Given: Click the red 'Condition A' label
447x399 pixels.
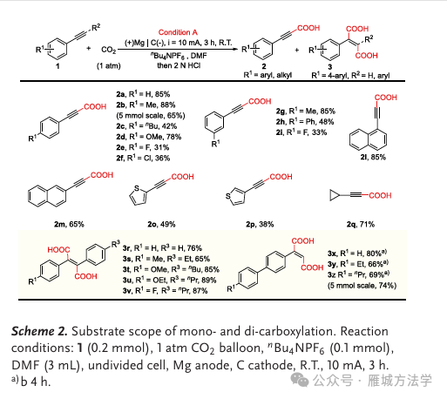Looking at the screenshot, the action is [178, 32].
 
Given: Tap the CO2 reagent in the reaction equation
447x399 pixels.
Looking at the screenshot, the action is [109, 50].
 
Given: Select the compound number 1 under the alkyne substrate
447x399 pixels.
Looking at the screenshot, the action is [58, 66].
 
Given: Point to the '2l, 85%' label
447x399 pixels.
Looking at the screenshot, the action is [373, 157].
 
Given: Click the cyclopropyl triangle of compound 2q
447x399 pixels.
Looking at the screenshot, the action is [334, 195].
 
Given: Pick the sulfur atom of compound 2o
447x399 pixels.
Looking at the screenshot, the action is [137, 188].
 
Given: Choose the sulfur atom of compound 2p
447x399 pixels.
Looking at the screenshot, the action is [228, 196].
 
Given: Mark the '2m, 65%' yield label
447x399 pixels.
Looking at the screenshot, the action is [69, 224].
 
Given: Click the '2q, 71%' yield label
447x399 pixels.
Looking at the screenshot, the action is [361, 224].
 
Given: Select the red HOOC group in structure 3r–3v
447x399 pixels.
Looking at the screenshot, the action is [58, 250].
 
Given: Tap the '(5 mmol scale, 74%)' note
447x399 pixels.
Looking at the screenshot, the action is [362, 286].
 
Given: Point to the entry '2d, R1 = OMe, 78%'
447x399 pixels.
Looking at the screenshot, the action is [149, 137].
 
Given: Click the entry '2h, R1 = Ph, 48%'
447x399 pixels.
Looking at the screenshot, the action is [305, 122].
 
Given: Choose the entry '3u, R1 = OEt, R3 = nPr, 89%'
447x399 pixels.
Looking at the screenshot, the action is [169, 280].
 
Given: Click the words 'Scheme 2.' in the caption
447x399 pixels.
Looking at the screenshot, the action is [39, 331].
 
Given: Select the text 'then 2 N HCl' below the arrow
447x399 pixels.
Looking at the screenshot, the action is [179, 65].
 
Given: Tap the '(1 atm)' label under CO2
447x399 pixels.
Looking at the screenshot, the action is [109, 66].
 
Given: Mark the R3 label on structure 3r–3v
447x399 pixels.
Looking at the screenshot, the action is [115, 244].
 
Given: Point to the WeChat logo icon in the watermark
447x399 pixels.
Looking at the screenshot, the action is [300, 380].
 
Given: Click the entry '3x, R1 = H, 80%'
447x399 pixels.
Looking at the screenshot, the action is [357, 254].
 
